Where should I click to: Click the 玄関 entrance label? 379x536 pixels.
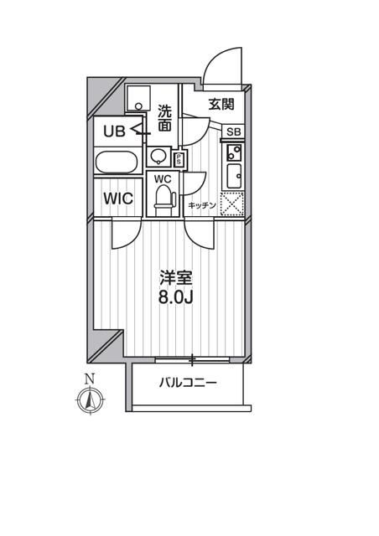[x=221, y=105]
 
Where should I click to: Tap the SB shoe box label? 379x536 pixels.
[x=234, y=131]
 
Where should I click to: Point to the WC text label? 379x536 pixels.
[x=163, y=178]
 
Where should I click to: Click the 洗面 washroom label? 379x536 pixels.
[x=164, y=117]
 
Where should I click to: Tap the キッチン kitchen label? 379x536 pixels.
[x=202, y=205]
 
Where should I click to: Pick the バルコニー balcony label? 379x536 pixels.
[x=188, y=384]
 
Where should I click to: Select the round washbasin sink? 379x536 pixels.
[x=157, y=157]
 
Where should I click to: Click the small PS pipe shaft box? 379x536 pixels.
[x=179, y=157]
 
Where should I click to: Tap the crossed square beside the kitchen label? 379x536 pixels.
[x=231, y=204]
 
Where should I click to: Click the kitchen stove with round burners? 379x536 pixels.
[x=233, y=152]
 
